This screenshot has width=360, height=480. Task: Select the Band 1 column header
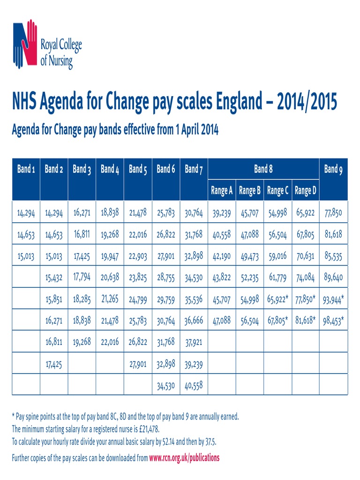[x=26, y=169]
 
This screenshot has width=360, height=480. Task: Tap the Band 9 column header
[x=333, y=169]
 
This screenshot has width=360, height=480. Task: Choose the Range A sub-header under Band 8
[x=222, y=191]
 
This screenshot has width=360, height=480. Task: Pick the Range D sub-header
[x=306, y=191]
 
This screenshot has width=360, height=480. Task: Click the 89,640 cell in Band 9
[x=333, y=277]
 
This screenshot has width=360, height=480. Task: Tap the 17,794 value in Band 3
[x=82, y=277]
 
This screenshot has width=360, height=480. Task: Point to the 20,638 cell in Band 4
[x=110, y=277]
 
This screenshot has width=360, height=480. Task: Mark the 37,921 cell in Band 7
[x=194, y=342]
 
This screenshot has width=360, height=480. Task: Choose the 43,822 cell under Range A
[x=222, y=277]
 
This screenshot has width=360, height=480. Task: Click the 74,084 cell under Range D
[x=306, y=277]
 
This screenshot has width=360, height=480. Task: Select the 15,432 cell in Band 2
[x=54, y=277]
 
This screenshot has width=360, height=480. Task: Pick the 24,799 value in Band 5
[x=138, y=299]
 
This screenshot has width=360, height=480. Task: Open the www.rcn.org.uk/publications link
[x=184, y=457]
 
